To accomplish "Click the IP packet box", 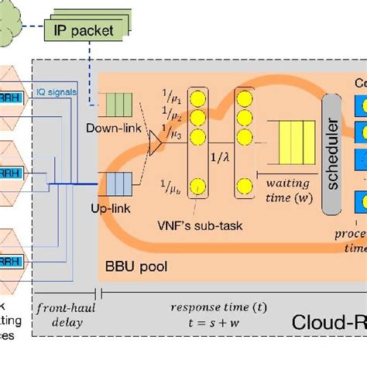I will click(84, 31).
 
